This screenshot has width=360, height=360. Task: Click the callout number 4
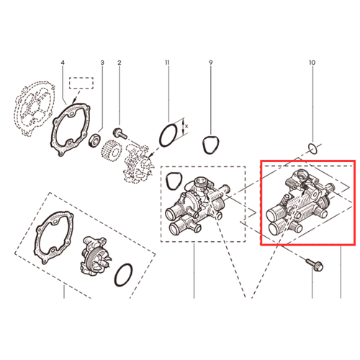(63, 63)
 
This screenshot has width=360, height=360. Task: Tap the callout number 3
(102, 63)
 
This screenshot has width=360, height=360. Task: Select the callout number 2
(120, 63)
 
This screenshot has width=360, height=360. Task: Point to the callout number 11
(167, 63)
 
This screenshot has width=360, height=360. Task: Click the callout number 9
(211, 63)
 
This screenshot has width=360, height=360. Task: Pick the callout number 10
(312, 63)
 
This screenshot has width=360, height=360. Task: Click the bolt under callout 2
(120, 133)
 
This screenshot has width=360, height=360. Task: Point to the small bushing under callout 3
(94, 141)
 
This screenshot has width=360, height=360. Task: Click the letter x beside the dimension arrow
(186, 126)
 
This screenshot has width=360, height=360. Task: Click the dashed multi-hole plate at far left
(35, 109)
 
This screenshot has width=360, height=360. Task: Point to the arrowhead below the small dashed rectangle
(75, 99)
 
